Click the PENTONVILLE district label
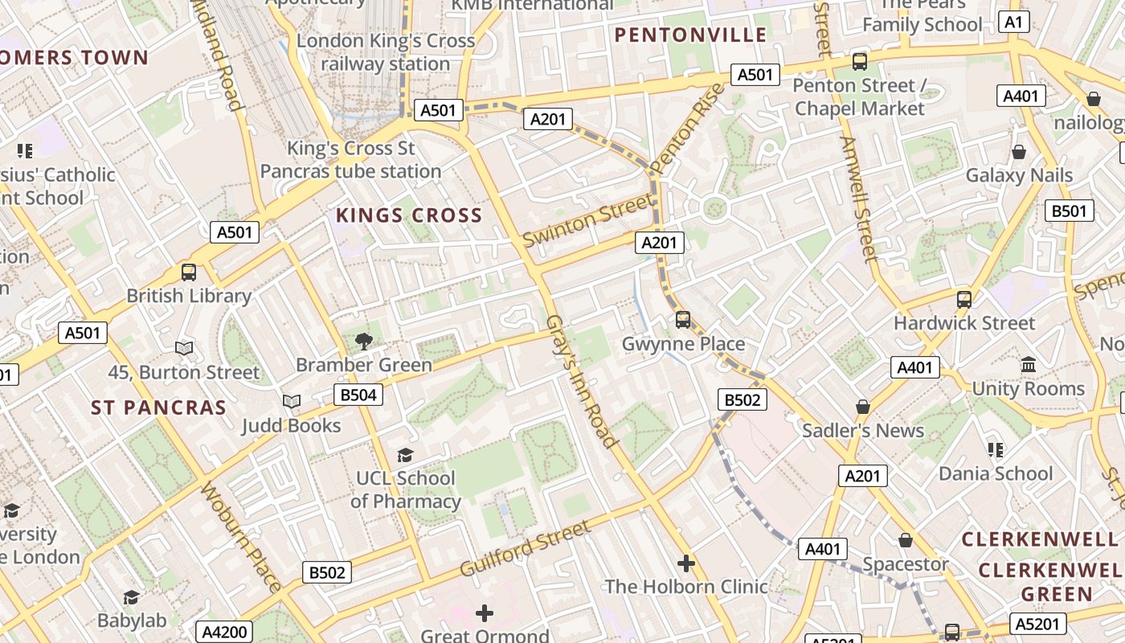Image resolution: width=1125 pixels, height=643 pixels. click(690, 35)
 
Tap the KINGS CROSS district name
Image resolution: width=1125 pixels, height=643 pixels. click(409, 215)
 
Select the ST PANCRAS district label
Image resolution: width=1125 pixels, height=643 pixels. click(158, 408)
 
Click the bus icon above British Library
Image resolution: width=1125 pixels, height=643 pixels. click(189, 272)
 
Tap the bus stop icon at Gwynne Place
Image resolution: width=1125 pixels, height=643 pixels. click(683, 319)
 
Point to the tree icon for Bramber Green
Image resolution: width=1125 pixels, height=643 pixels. click(363, 341)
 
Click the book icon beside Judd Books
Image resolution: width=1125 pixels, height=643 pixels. click(291, 400)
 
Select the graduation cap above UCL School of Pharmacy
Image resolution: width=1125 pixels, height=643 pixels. click(405, 455)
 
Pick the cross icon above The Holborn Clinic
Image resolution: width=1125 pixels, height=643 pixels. click(685, 563)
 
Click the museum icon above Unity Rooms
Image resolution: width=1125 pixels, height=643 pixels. click(1028, 364)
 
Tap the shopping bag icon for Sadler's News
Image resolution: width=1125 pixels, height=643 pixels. click(862, 407)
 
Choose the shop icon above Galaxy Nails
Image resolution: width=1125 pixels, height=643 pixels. click(1018, 151)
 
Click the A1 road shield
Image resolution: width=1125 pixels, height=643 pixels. click(1014, 22)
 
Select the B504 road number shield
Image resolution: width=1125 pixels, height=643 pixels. click(358, 395)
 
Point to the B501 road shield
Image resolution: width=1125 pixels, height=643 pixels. click(1070, 211)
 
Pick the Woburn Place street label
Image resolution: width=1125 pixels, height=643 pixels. click(241, 536)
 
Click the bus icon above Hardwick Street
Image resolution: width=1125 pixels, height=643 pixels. click(963, 300)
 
